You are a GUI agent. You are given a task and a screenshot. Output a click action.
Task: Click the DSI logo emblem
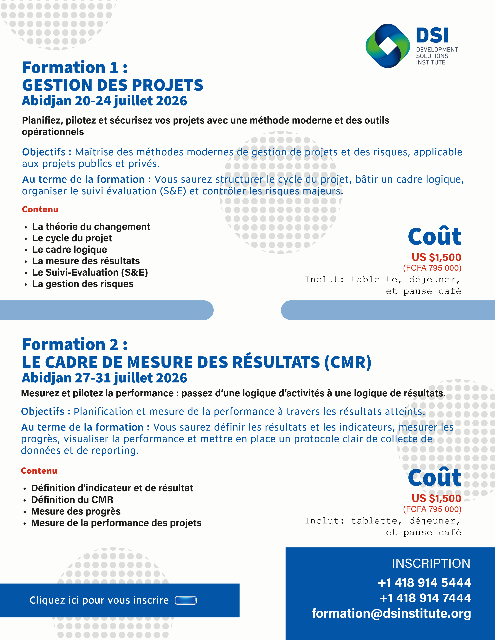388,46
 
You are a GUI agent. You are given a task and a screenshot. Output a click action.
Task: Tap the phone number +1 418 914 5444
424,583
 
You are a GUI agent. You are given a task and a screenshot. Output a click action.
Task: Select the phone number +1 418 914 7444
425,598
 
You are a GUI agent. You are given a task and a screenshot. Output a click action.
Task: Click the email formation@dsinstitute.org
391,613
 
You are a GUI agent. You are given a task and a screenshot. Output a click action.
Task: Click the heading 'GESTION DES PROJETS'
113,85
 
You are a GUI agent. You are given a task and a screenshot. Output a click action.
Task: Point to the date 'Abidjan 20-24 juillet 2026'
104,101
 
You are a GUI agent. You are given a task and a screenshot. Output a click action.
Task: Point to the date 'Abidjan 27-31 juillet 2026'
104,378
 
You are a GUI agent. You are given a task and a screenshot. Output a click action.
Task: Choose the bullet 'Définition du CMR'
72,499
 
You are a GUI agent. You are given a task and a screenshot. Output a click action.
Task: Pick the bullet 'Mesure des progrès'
76,511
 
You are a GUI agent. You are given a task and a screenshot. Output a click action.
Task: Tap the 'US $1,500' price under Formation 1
436,257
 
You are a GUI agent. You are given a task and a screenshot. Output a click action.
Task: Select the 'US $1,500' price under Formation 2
436,498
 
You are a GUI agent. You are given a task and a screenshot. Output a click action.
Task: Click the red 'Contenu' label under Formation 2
39,471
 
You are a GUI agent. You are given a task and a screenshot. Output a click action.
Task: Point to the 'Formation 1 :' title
75,67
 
